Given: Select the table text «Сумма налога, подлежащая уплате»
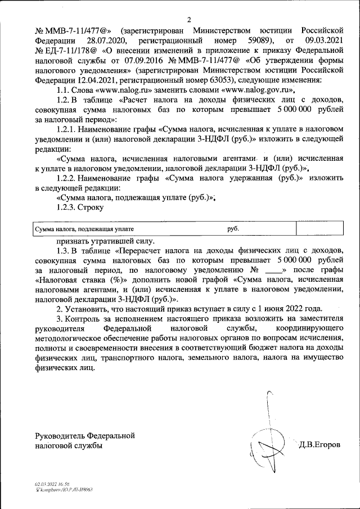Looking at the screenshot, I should pos(84,229).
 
